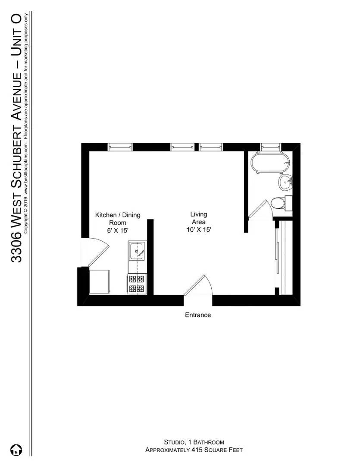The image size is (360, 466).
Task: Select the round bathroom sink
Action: pos(285,183)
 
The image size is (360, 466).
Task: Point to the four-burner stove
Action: pos(138,284)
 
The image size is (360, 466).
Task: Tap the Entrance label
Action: pos(198,315)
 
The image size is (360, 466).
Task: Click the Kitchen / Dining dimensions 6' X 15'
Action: pos(118,231)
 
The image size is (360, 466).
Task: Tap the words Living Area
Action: pos(199,218)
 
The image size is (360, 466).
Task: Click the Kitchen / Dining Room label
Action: pos(118,219)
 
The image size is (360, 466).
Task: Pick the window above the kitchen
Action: pos(120,147)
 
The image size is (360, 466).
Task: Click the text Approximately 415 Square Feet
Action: pos(194,450)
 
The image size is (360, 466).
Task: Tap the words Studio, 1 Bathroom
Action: pos(194,442)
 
